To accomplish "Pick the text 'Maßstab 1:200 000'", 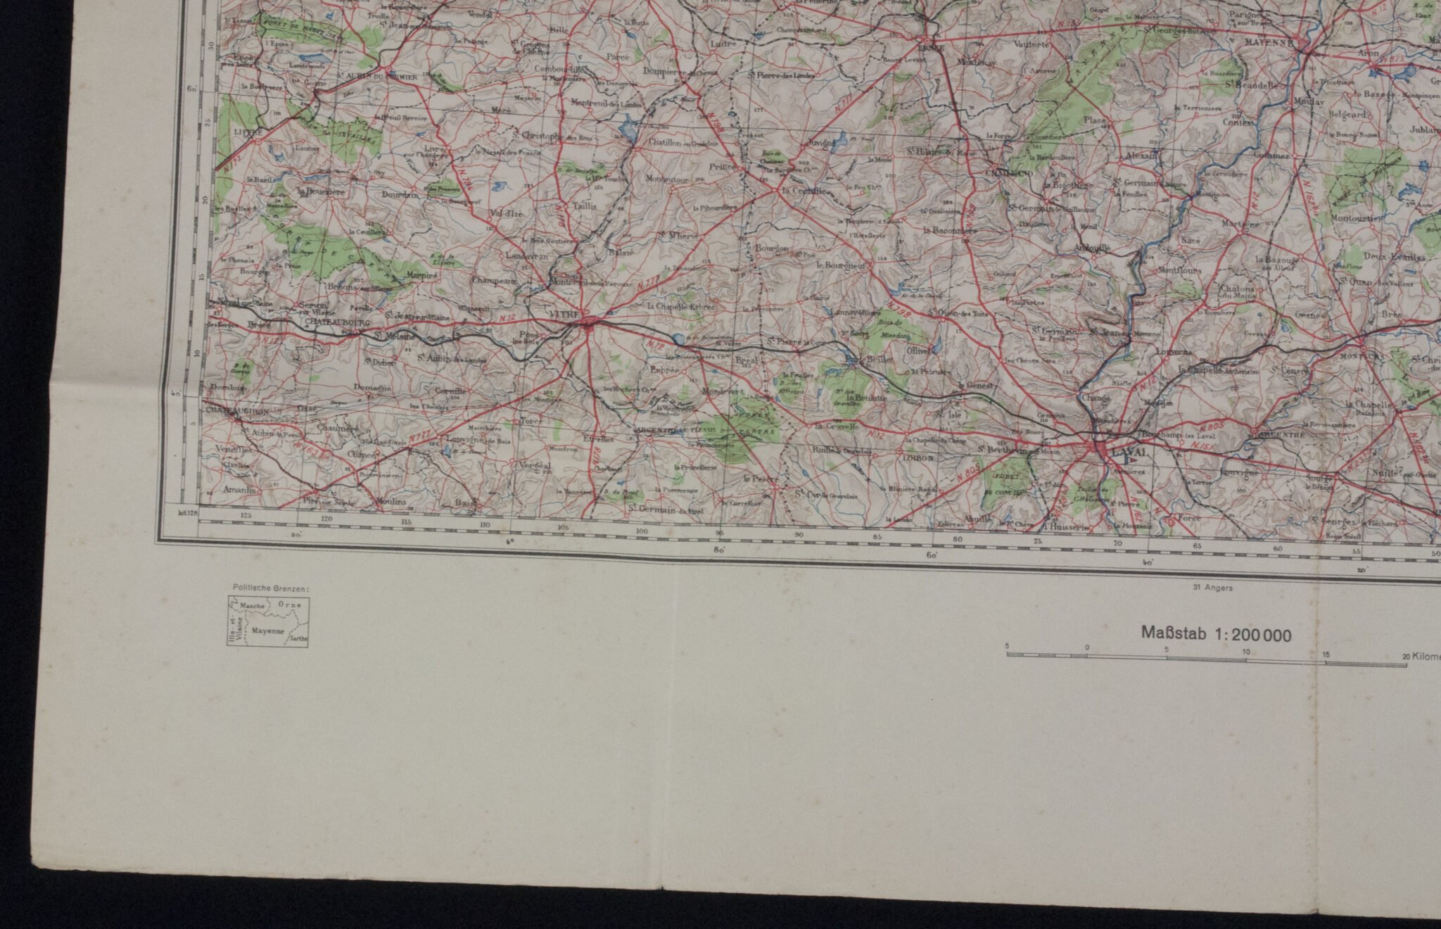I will pyautogui.click(x=1216, y=635).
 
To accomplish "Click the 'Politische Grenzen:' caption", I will pyautogui.click(x=270, y=587).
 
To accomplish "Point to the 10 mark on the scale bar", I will pyautogui.click(x=1246, y=652).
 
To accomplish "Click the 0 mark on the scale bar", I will pyautogui.click(x=1087, y=646).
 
